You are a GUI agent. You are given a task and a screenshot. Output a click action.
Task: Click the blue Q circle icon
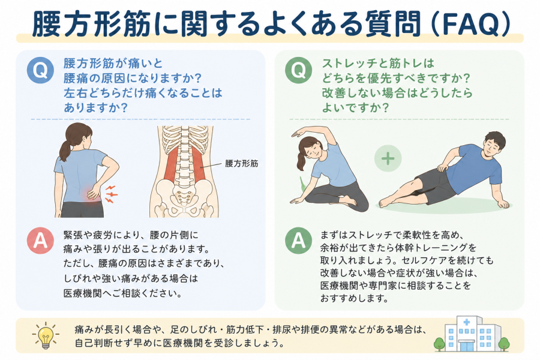click(x=40, y=70)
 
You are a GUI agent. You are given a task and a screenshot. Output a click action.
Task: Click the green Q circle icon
click(x=299, y=70)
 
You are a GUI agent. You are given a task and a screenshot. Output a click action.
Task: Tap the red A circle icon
click(x=40, y=241)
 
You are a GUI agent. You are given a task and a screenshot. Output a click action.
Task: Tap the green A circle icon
click(x=299, y=241)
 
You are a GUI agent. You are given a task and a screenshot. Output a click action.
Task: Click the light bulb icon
click(x=46, y=335)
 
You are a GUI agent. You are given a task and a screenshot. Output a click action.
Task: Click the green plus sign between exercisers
click(x=388, y=158)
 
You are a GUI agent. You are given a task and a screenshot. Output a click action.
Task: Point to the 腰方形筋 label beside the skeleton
click(x=241, y=163)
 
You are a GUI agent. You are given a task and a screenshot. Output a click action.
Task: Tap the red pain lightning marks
click(x=111, y=194)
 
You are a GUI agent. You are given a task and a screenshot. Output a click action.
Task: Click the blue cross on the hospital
click(x=467, y=322)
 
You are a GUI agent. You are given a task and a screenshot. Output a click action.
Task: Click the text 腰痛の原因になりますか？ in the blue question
click(x=132, y=79)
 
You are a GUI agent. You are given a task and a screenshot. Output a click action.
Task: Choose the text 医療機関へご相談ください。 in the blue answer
click(x=123, y=293)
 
